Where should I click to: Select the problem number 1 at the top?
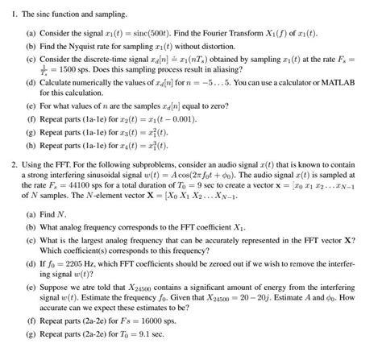14,14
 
